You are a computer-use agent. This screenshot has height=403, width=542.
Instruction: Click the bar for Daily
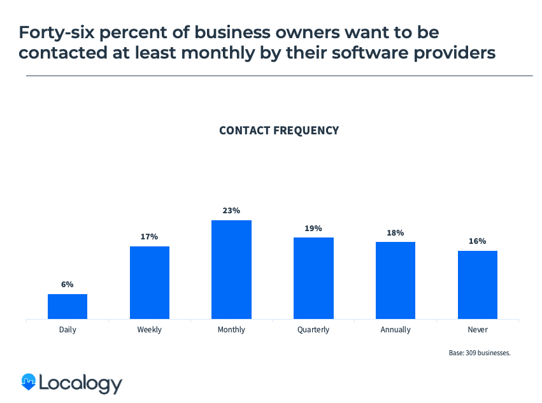pos(68,306)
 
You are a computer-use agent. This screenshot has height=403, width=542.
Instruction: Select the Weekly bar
pos(150,282)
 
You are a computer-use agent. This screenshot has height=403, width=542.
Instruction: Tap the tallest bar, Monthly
pos(231,269)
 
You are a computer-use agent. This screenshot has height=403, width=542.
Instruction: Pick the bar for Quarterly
pos(313,278)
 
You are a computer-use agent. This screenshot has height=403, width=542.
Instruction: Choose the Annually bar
pos(396,280)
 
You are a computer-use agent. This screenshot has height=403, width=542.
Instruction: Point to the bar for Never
pos(477,285)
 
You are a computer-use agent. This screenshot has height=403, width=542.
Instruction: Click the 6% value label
pos(68,285)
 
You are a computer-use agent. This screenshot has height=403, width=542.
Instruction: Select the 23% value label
pos(231,211)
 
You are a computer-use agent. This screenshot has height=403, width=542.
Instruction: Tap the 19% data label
pos(313,228)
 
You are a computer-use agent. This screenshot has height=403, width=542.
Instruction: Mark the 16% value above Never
pos(477,241)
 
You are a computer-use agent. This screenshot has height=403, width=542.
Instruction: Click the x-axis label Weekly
pos(150,330)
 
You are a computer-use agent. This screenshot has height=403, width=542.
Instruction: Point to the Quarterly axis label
pos(313,330)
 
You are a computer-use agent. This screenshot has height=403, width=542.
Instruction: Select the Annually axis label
pos(396,330)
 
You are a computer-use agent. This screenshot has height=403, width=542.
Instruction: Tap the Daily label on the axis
pos(68,330)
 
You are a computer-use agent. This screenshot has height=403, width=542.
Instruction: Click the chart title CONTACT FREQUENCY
pos(279,131)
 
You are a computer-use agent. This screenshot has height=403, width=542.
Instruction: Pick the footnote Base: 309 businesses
pos(480,352)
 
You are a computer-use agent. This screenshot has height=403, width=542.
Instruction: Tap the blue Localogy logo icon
pos(28,381)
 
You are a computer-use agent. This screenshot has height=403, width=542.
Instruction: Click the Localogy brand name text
pos(80,383)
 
